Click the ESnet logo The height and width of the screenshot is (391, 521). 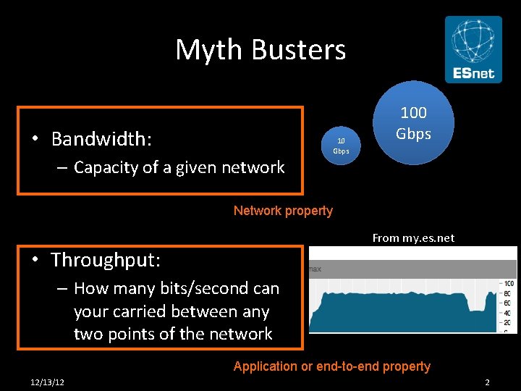(x=473, y=49)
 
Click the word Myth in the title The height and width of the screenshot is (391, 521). (x=208, y=50)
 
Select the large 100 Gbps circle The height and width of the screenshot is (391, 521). (x=413, y=123)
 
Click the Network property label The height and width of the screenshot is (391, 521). (x=283, y=211)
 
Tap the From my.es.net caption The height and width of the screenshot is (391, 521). (x=413, y=237)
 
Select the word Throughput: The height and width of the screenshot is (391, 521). (x=106, y=259)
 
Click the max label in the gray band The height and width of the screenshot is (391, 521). (x=315, y=269)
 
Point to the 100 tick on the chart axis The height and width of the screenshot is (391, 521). (x=509, y=283)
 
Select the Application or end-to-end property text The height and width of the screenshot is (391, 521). (x=331, y=366)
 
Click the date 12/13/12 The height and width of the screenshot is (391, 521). (x=47, y=382)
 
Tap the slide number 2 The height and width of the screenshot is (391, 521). (x=488, y=382)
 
